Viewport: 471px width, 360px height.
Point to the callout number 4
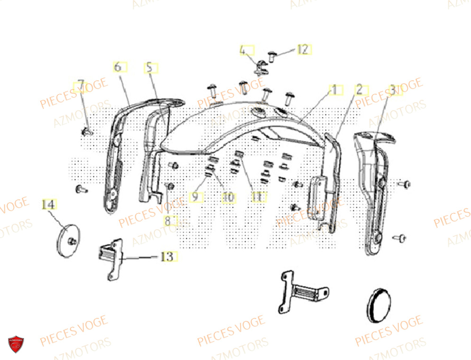[244, 50]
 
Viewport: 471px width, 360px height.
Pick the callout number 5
[150, 68]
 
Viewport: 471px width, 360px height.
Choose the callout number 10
[228, 198]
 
